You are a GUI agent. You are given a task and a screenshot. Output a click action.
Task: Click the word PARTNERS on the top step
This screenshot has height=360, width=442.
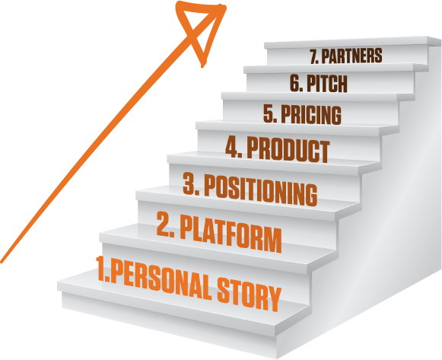[351, 56]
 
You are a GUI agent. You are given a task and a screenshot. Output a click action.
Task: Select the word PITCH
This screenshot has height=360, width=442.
[327, 84]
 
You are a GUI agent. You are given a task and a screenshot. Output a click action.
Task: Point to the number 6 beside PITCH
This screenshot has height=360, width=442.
[295, 83]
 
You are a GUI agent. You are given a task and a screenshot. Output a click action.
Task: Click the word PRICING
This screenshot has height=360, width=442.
[311, 115]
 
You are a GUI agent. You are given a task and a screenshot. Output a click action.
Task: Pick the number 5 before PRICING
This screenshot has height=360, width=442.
[269, 113]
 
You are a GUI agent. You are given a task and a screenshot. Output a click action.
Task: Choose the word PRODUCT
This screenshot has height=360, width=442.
[288, 151]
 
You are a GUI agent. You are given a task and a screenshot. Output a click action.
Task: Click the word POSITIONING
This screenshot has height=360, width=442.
[261, 190]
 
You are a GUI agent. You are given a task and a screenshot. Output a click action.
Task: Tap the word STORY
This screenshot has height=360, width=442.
[250, 297]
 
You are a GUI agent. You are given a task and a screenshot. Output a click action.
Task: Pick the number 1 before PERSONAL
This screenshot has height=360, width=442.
[101, 269]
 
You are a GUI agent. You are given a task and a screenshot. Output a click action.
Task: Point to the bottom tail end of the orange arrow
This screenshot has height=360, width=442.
[2, 262]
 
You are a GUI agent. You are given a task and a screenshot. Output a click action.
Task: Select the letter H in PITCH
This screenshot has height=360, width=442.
[342, 84]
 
